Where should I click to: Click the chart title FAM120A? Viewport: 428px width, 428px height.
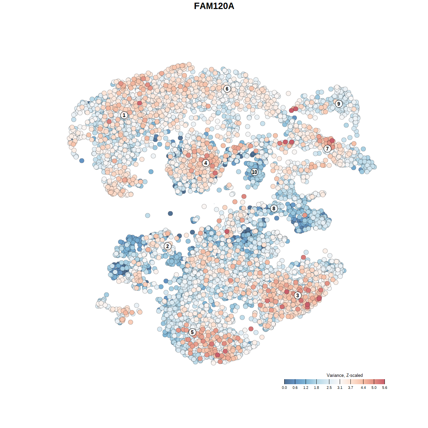click(214, 6)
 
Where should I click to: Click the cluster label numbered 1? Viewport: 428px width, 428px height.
click(124, 115)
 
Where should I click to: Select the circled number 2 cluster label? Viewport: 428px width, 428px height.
click(168, 246)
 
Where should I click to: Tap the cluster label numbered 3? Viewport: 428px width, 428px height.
click(298, 295)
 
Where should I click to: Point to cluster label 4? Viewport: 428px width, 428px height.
click(206, 163)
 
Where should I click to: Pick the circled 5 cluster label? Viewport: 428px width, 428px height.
click(192, 332)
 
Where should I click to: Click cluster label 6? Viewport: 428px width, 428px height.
click(227, 89)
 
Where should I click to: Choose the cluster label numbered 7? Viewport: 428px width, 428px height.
click(327, 148)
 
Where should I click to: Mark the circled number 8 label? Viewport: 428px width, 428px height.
click(274, 209)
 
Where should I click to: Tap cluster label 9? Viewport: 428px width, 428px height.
click(339, 104)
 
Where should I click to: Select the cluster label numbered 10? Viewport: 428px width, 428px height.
click(254, 172)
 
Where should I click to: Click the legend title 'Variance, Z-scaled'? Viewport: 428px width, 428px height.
click(344, 375)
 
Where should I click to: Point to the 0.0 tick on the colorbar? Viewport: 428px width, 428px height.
click(284, 388)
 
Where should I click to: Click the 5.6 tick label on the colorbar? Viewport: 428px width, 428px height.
click(385, 388)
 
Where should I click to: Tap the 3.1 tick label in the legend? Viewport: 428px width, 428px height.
click(340, 388)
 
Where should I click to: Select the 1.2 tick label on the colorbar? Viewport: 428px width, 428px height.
click(306, 388)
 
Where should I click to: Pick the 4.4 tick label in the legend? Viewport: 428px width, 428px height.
click(363, 388)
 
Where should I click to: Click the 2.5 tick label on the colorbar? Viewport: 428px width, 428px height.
click(329, 388)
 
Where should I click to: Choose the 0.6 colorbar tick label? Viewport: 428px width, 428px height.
click(295, 388)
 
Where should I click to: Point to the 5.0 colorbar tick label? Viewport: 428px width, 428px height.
click(374, 388)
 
